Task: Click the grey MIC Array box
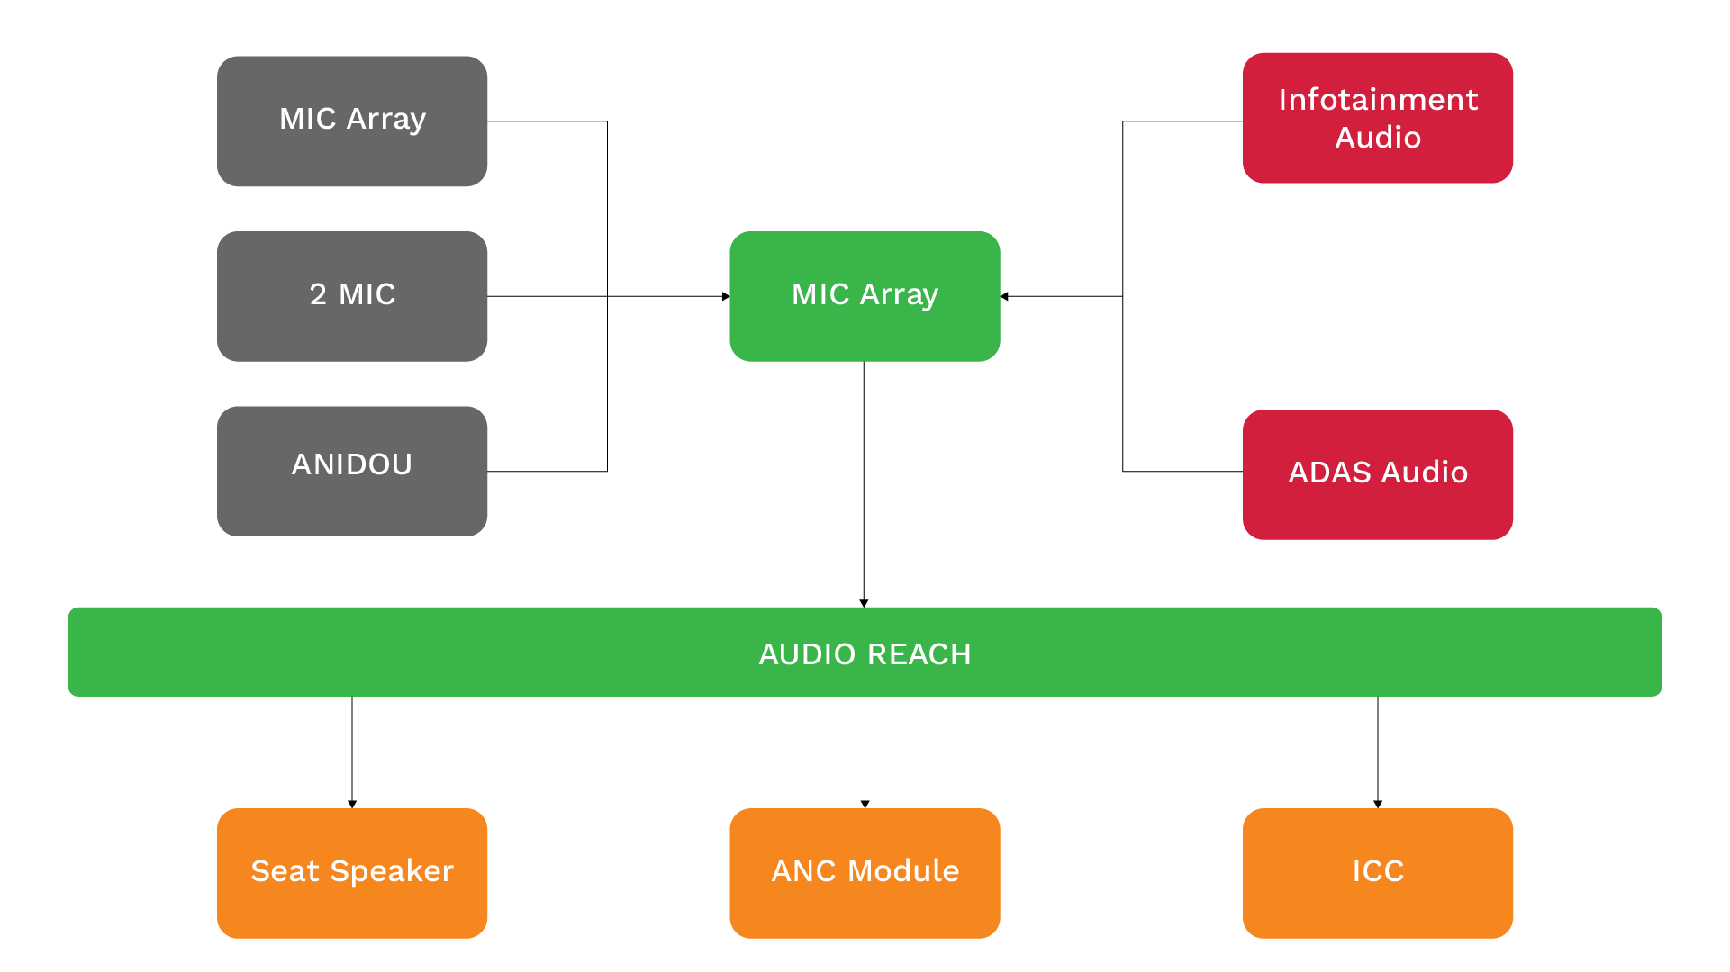(x=352, y=121)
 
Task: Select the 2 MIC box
(x=352, y=296)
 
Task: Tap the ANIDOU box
(x=352, y=471)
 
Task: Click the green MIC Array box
(x=865, y=296)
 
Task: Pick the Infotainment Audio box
(x=1378, y=118)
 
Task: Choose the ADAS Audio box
(x=1378, y=474)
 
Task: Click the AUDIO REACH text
(x=865, y=654)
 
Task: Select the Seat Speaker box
(x=352, y=873)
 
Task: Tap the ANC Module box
(x=865, y=873)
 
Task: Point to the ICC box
(x=1378, y=873)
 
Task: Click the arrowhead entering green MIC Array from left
(x=726, y=296)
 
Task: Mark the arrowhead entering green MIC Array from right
(x=1004, y=296)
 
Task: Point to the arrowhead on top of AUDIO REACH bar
(x=864, y=603)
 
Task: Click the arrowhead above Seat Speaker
(x=352, y=804)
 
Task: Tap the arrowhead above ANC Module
(x=865, y=804)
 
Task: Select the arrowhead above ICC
(x=1378, y=804)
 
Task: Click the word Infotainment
(x=1378, y=99)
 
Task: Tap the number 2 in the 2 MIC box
(x=318, y=294)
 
